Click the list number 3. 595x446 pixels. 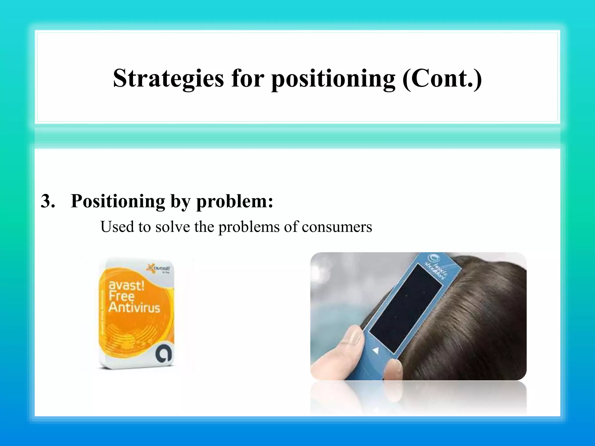(x=48, y=201)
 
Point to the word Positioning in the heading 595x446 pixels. (x=118, y=201)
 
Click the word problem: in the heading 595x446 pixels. (x=235, y=201)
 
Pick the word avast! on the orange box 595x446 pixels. (x=126, y=285)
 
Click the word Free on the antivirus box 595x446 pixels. (x=121, y=296)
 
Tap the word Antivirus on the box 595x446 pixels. (x=134, y=307)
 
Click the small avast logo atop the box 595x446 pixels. (x=159, y=268)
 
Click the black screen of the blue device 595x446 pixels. (x=406, y=309)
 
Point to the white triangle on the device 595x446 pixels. (x=376, y=350)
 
